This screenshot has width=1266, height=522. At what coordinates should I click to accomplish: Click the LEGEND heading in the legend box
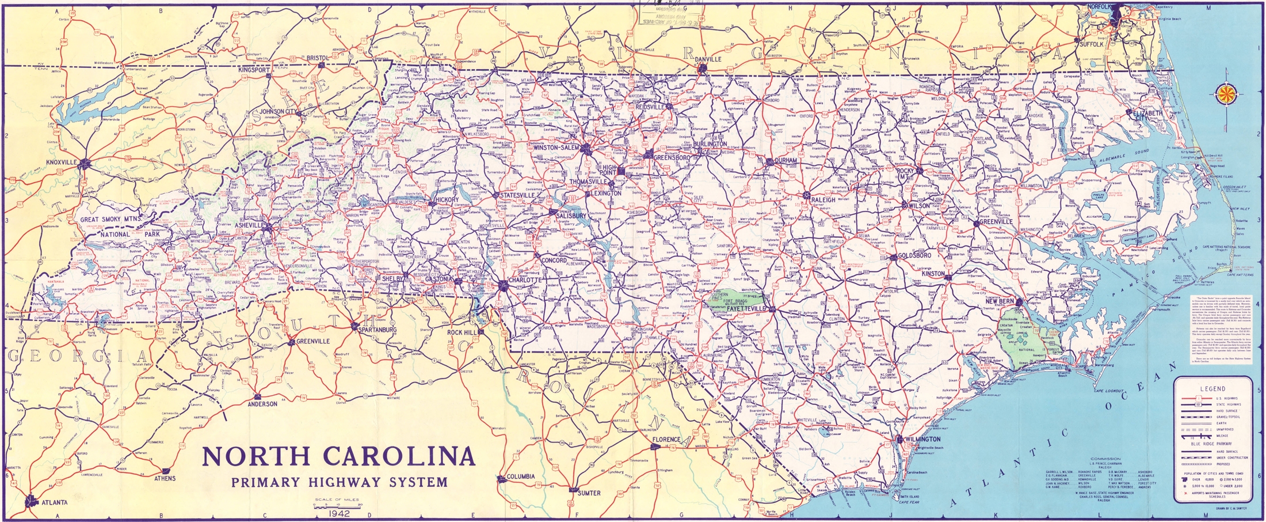pyautogui.click(x=1212, y=389)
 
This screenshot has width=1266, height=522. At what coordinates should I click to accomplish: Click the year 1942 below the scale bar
pyautogui.click(x=337, y=513)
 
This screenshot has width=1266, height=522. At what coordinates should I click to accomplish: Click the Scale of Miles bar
pyautogui.click(x=337, y=504)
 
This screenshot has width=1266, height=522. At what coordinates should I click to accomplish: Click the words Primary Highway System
pyautogui.click(x=340, y=482)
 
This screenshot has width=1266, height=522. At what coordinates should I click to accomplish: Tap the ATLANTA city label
pyautogui.click(x=55, y=502)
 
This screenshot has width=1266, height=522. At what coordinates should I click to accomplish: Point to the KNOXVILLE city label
pyautogui.click(x=61, y=162)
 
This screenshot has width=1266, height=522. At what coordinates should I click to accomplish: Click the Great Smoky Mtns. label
pyautogui.click(x=110, y=220)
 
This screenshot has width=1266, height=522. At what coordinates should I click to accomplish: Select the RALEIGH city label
pyautogui.click(x=823, y=200)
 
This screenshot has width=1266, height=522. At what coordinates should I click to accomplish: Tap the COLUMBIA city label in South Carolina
pyautogui.click(x=521, y=476)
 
